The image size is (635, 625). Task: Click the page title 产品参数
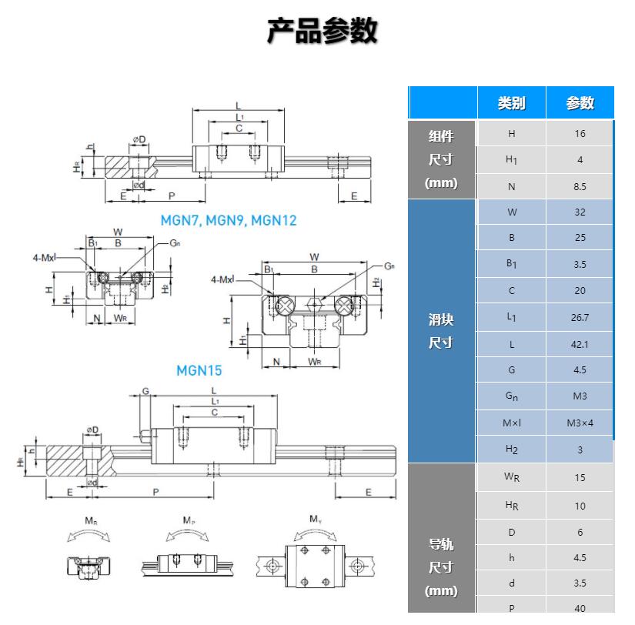(322, 32)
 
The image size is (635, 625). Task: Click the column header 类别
(511, 103)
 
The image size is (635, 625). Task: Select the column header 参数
(580, 103)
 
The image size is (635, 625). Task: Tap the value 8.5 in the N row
(580, 186)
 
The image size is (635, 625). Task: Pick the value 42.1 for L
(580, 344)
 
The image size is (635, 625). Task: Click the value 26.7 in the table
(580, 317)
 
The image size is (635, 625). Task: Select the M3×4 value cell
(580, 423)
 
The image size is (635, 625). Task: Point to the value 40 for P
(580, 608)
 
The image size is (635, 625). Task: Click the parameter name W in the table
(512, 212)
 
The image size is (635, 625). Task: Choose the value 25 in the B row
(580, 238)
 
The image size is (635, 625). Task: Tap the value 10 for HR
(580, 506)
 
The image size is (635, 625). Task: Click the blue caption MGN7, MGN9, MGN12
(229, 220)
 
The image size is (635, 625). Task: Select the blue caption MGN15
(199, 370)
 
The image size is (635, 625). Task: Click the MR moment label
(91, 521)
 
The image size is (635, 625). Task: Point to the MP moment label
(189, 521)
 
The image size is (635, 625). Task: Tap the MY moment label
(316, 520)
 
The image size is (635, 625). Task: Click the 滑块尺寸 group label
(441, 331)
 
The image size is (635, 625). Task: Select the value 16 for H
(580, 133)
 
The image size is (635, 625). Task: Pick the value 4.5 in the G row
(580, 370)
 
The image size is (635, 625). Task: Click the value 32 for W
(580, 212)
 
